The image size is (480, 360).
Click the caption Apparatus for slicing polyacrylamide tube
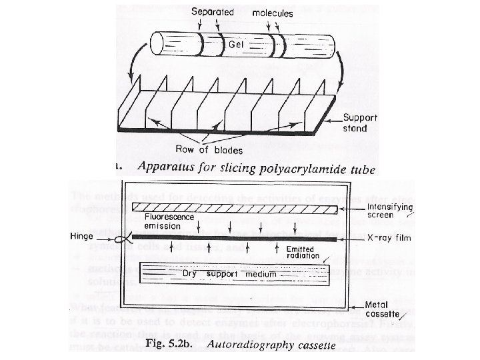click(x=254, y=169)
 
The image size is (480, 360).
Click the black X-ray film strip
click(x=233, y=237)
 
